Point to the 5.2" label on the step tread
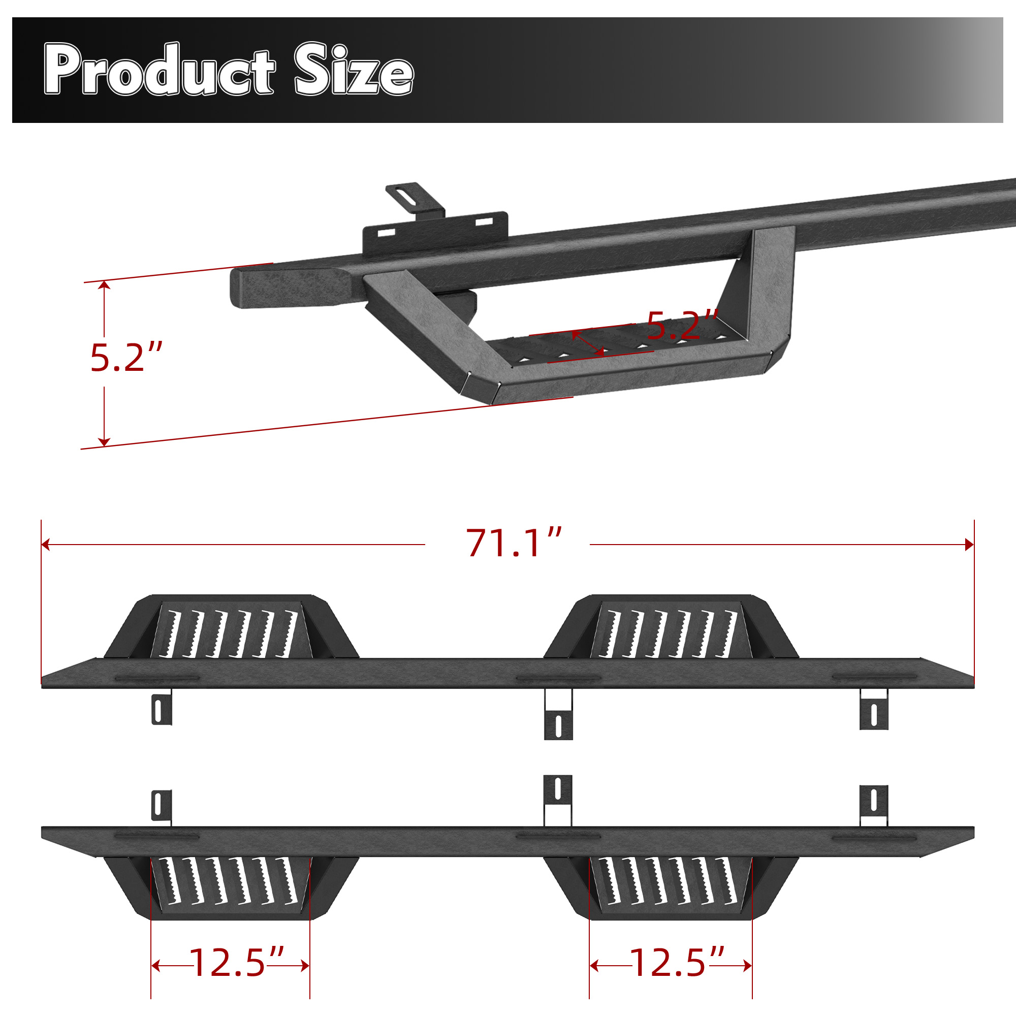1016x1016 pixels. tap(682, 326)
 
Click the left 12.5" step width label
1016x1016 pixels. tap(236, 963)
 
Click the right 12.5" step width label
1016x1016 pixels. tap(677, 963)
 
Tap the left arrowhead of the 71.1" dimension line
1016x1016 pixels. tap(45, 544)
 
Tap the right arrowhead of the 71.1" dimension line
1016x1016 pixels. tap(970, 544)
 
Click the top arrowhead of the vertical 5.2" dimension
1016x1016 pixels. tap(104, 285)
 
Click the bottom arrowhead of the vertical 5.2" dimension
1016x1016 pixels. tap(104, 442)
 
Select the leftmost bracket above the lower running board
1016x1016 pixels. tap(162, 806)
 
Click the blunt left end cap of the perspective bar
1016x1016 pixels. tap(247, 288)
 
